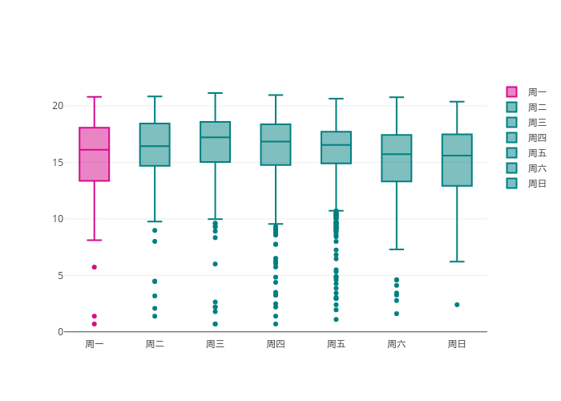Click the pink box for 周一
(94, 154)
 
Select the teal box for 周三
(215, 142)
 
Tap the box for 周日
(457, 160)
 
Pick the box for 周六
(396, 158)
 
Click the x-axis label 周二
(155, 344)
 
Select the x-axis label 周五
(336, 344)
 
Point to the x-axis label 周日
(457, 344)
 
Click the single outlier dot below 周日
(457, 305)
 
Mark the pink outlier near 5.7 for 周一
(94, 267)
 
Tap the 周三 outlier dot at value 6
(215, 264)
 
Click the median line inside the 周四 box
(276, 142)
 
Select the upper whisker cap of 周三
(215, 93)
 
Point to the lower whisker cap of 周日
(457, 261)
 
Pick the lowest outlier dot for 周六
(396, 314)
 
